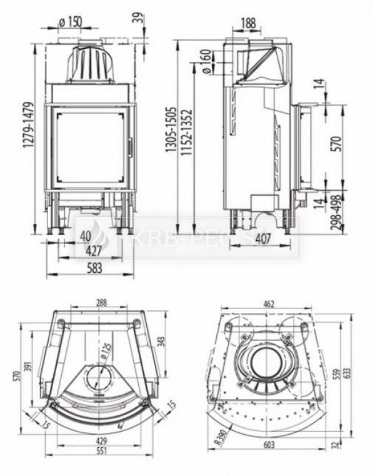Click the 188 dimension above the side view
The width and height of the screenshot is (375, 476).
pos(247,23)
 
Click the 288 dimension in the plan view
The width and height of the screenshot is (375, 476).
pos(101,301)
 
